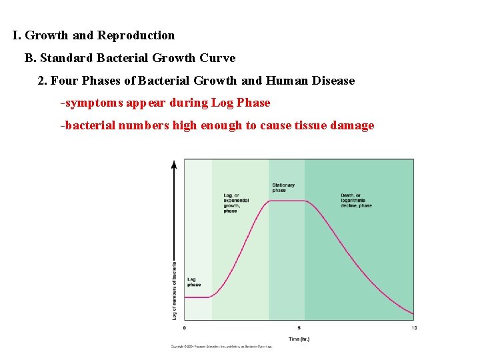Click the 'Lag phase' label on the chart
193,282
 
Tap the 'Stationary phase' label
283,187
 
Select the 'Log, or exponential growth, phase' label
236,203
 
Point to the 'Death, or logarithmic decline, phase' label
356,200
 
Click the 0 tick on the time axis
185,328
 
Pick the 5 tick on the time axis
299,328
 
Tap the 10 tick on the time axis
413,328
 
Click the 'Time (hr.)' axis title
299,339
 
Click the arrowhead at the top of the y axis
175,163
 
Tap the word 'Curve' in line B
218,58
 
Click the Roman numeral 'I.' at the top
17,35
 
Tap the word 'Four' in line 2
63,81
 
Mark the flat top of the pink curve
287,201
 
